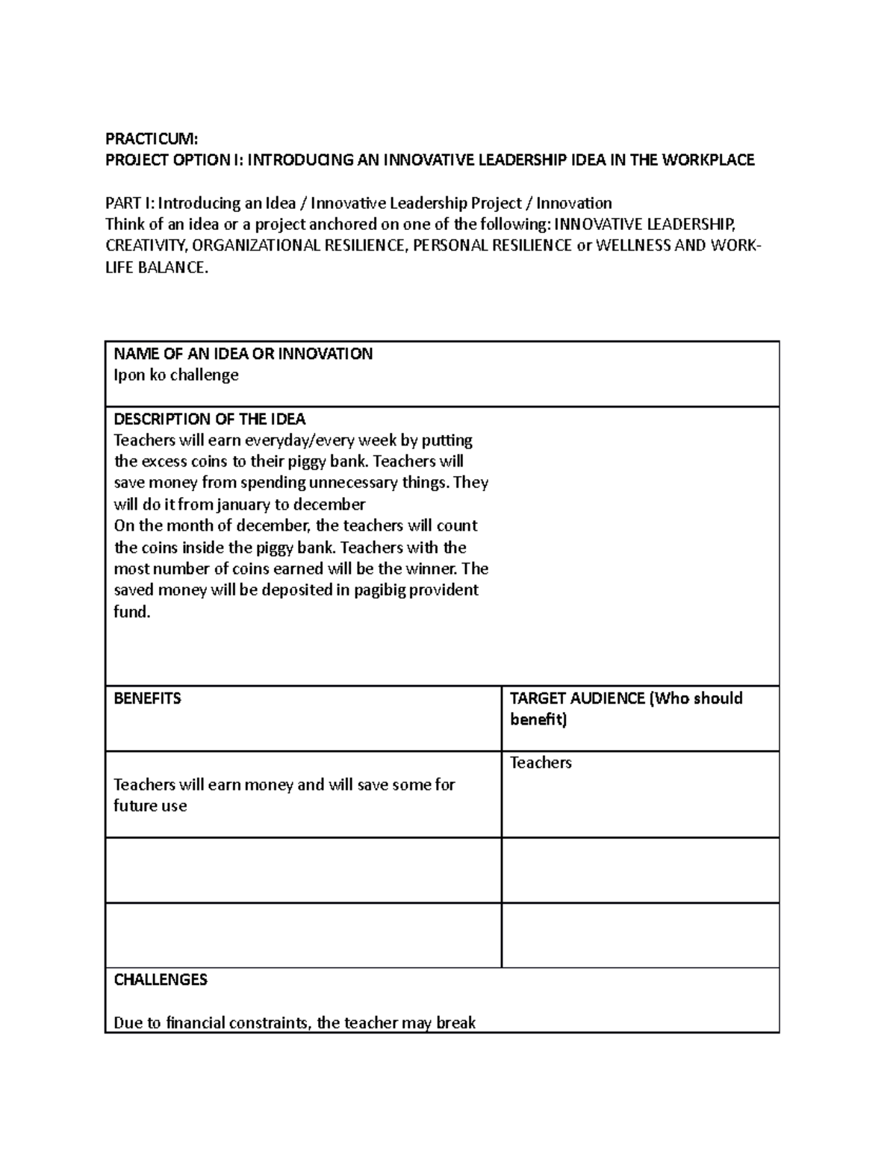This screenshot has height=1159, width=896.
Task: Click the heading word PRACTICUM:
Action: pos(152,139)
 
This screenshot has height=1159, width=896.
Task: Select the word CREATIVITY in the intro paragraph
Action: pos(146,246)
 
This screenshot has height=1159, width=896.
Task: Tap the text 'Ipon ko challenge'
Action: pos(175,375)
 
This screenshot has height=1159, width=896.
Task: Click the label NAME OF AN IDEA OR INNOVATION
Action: pos(243,354)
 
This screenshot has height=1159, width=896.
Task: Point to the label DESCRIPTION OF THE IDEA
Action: pos(209,419)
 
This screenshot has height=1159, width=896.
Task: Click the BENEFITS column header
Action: pos(147,699)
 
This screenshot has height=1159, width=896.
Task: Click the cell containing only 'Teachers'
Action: pos(541,763)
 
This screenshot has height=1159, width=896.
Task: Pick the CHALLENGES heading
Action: pos(160,980)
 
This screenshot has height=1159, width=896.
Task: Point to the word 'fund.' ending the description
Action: pos(132,612)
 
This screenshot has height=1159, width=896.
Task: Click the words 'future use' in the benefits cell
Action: pos(150,806)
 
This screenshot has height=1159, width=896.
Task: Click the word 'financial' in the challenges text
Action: pos(197,1022)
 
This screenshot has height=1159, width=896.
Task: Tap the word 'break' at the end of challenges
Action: pos(455,1022)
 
